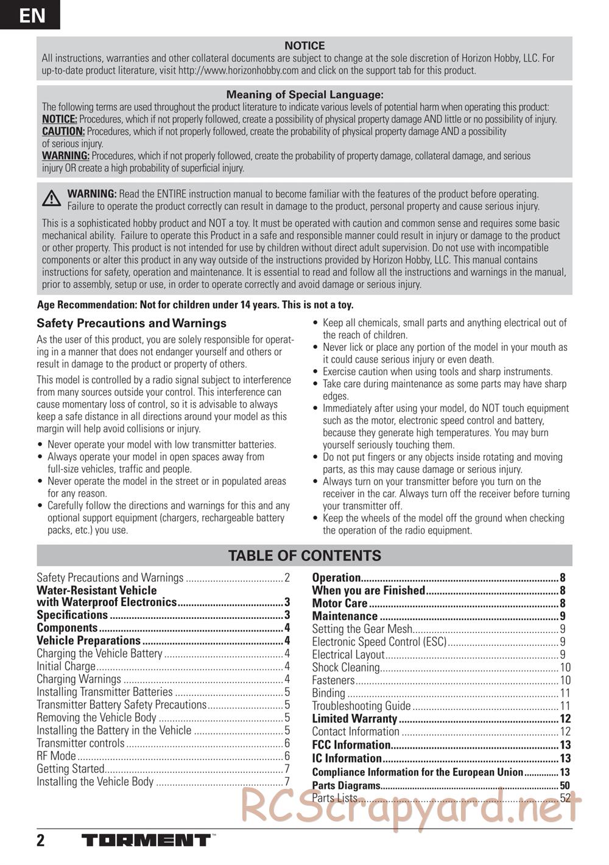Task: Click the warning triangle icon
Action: tap(52, 199)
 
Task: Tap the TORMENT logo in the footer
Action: tap(146, 841)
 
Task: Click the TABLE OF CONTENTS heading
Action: tap(304, 556)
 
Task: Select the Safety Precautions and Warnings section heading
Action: tap(132, 323)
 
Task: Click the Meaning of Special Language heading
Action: tap(304, 94)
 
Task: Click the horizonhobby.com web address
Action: tap(238, 71)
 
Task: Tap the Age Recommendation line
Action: tap(195, 305)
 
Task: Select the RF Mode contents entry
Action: tap(57, 756)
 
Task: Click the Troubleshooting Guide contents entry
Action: tap(361, 706)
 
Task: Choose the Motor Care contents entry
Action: tap(340, 604)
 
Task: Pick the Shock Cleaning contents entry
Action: tap(346, 668)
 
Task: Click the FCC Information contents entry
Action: tap(351, 745)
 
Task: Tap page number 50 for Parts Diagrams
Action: tap(565, 786)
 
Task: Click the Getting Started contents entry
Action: tap(71, 769)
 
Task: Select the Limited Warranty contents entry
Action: tap(354, 719)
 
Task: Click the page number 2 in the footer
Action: tap(41, 841)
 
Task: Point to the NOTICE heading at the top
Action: tap(304, 46)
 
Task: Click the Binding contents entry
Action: tap(329, 693)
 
